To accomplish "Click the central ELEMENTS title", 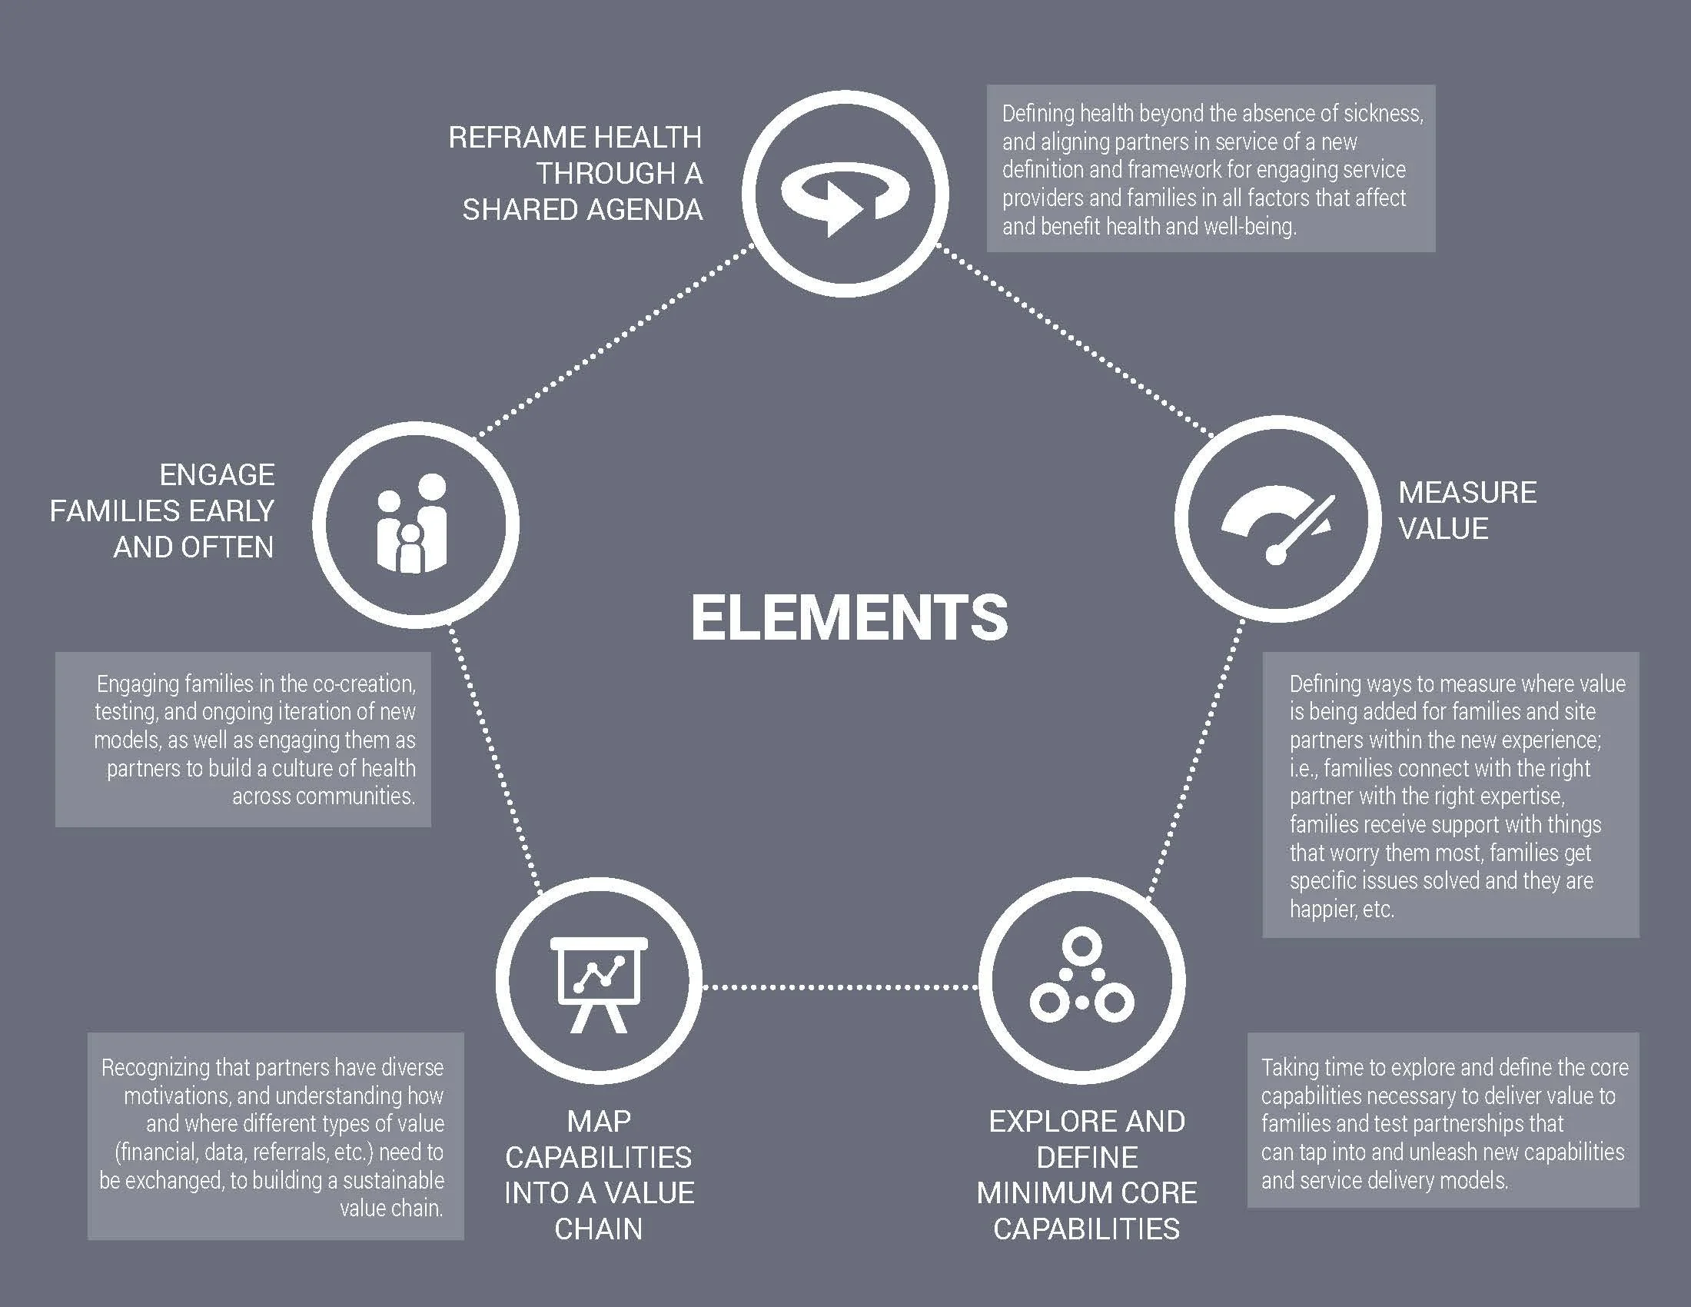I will (x=849, y=617).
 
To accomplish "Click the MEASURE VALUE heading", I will (x=1467, y=510).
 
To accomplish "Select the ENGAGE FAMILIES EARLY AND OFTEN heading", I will (x=164, y=511).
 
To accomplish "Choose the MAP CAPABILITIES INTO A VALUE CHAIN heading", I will (x=599, y=1175).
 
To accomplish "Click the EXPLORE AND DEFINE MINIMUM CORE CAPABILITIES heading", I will (x=1086, y=1175).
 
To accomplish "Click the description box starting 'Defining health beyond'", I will (x=1210, y=169).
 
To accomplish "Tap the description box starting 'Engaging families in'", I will (x=243, y=740).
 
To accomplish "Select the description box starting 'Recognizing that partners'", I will (x=276, y=1136).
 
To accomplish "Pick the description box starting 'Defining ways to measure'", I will (x=1450, y=795).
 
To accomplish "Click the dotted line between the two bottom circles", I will (x=840, y=986).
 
